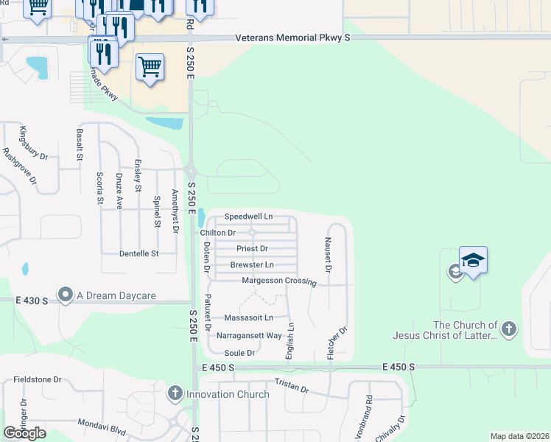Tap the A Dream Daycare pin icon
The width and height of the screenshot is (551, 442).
tap(66, 295)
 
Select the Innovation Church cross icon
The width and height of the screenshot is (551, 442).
tap(175, 393)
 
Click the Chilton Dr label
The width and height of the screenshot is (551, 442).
tap(218, 233)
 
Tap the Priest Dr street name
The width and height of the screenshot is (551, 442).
tap(253, 249)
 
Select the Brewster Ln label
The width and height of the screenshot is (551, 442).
tap(252, 264)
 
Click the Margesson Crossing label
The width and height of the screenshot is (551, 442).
tap(279, 281)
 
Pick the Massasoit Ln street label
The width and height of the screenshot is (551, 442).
tap(249, 318)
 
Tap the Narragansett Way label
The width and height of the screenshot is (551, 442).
tap(250, 335)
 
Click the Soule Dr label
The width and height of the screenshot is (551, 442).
tap(239, 353)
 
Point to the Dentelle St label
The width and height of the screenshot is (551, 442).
tap(139, 253)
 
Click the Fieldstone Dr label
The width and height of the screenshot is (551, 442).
tap(37, 379)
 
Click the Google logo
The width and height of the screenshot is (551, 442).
tap(24, 432)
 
